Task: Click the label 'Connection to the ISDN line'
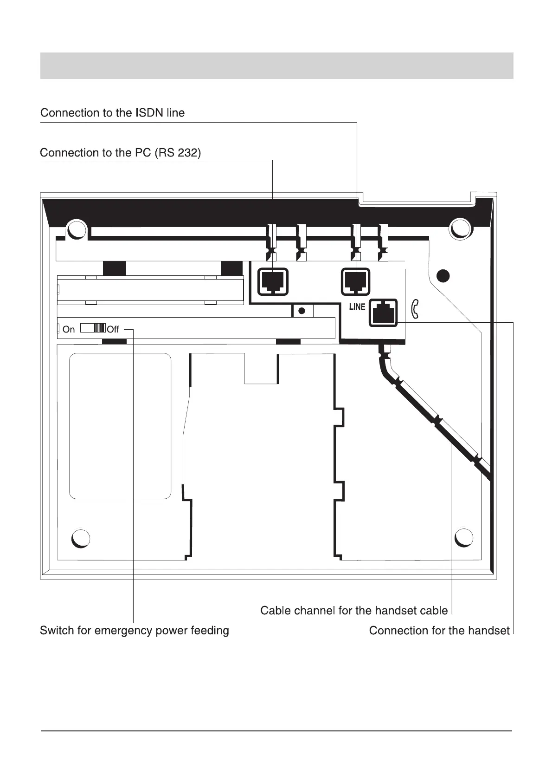click(112, 113)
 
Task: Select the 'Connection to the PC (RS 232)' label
click(121, 153)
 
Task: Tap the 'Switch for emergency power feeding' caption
click(135, 631)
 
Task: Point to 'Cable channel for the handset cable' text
click(354, 610)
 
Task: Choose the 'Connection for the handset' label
click(439, 631)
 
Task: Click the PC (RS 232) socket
click(273, 281)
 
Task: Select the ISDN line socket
click(356, 281)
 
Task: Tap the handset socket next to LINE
click(383, 312)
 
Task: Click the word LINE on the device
click(357, 307)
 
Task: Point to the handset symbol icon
click(415, 309)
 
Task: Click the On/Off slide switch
click(93, 328)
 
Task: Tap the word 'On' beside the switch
click(68, 329)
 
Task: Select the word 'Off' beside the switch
click(113, 329)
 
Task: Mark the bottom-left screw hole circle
click(81, 538)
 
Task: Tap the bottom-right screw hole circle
click(463, 537)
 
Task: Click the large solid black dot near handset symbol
click(443, 275)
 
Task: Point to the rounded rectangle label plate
click(120, 426)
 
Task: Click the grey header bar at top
click(276, 65)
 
